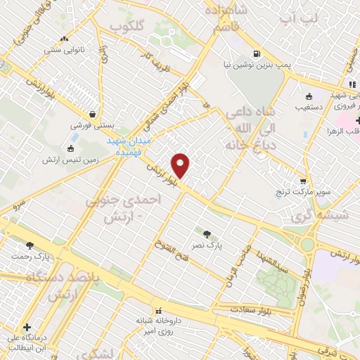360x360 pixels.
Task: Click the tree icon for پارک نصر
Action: tap(207, 233)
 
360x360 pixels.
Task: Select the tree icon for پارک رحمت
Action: tap(30, 245)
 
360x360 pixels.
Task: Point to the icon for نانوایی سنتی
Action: tap(65, 39)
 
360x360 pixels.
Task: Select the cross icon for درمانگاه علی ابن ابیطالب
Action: tap(27, 327)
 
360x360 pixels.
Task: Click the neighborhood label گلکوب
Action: tap(127, 26)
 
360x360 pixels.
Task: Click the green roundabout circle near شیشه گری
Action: tap(307, 245)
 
